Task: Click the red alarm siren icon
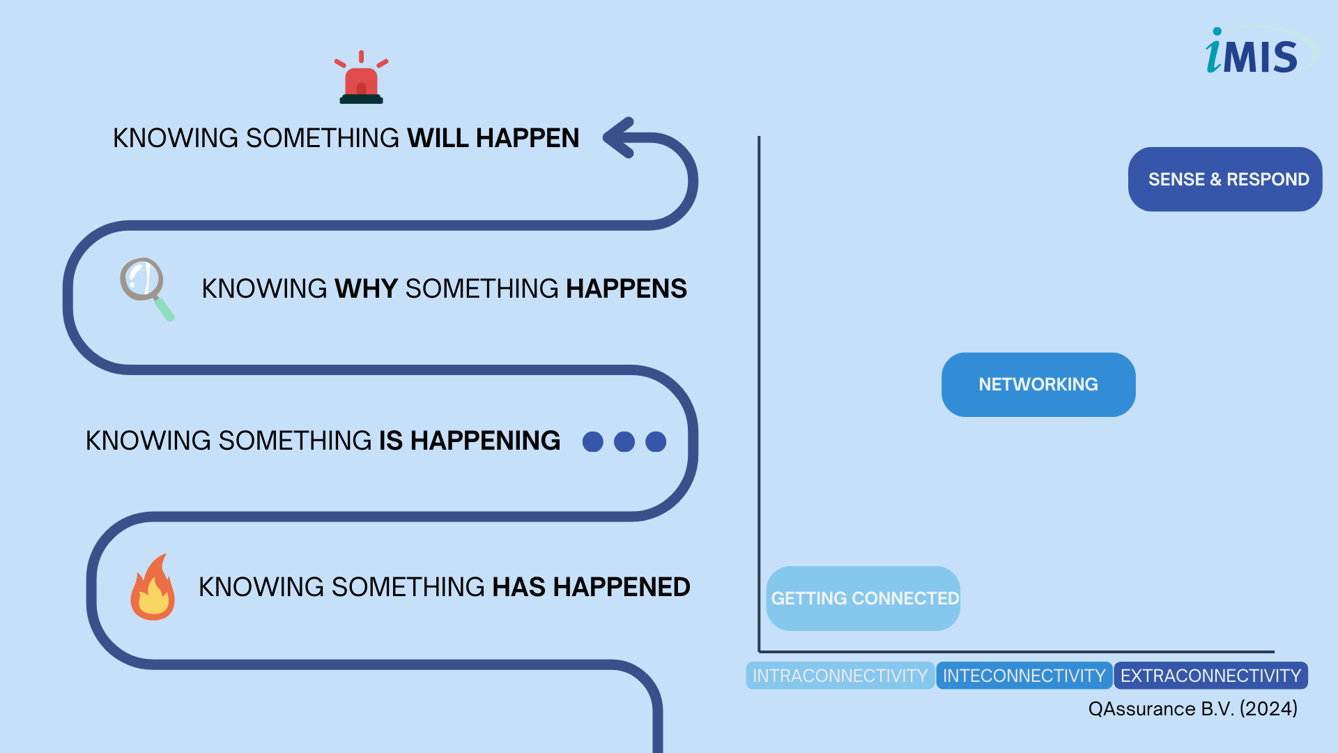point(361,77)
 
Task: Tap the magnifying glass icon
point(147,289)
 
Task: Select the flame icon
point(153,587)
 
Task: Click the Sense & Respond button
point(1225,179)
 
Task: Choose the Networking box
point(1038,384)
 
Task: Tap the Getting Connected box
point(863,598)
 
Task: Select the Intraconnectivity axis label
point(840,676)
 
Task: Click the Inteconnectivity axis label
point(1024,676)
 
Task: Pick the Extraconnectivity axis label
point(1211,676)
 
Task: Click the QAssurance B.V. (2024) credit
point(1193,709)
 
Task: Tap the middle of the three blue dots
point(624,441)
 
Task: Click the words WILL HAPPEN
point(493,138)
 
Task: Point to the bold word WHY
point(367,289)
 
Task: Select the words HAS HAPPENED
point(592,587)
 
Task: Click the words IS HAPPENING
point(470,441)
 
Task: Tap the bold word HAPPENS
point(626,289)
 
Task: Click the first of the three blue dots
point(593,441)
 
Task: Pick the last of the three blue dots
point(656,441)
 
